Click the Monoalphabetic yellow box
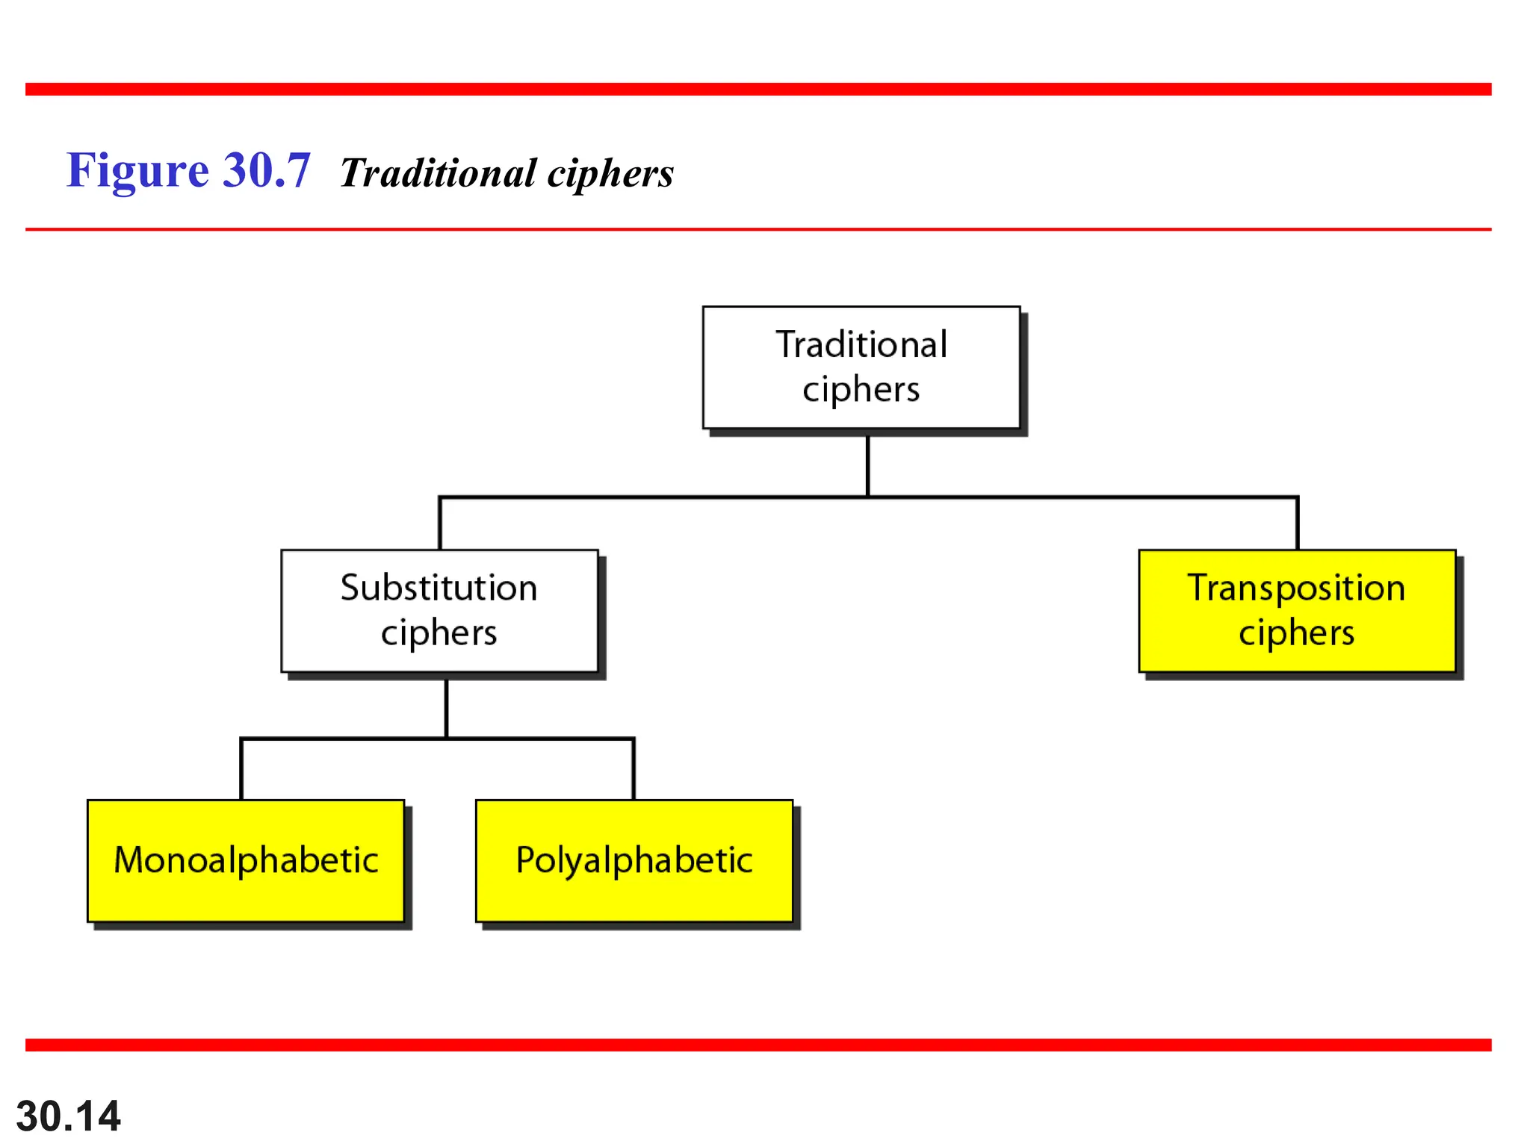(246, 860)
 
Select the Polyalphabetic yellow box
(634, 860)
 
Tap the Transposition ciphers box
(1297, 611)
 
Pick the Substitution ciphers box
(439, 611)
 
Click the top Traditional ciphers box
(861, 367)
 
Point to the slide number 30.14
(68, 1116)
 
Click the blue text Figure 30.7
(188, 170)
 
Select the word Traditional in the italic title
(439, 173)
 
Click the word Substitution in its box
(439, 588)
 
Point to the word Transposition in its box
(1297, 588)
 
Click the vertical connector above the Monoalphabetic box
(241, 769)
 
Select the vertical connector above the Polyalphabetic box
(634, 769)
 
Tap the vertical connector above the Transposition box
(1298, 523)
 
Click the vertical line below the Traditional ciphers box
(867, 464)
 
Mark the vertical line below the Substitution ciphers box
(446, 706)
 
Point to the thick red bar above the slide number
(758, 1045)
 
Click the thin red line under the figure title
(758, 229)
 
